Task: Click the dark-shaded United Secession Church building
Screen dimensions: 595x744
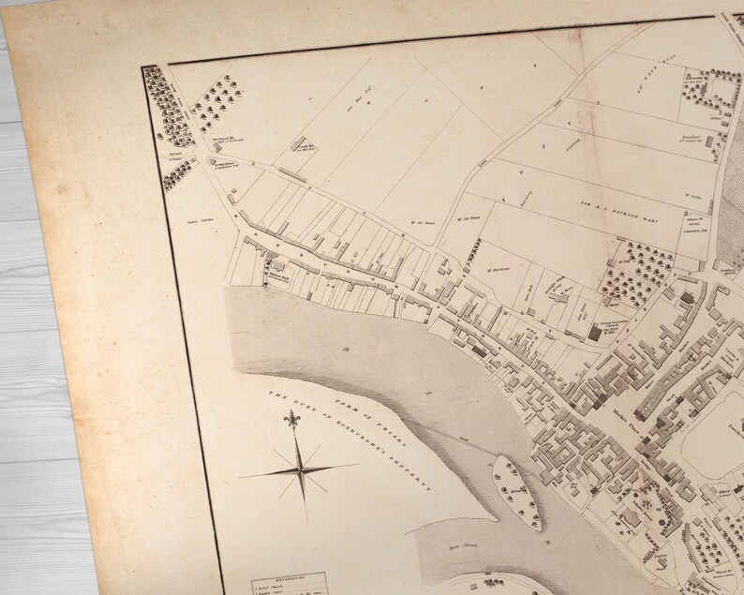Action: tap(595, 334)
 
